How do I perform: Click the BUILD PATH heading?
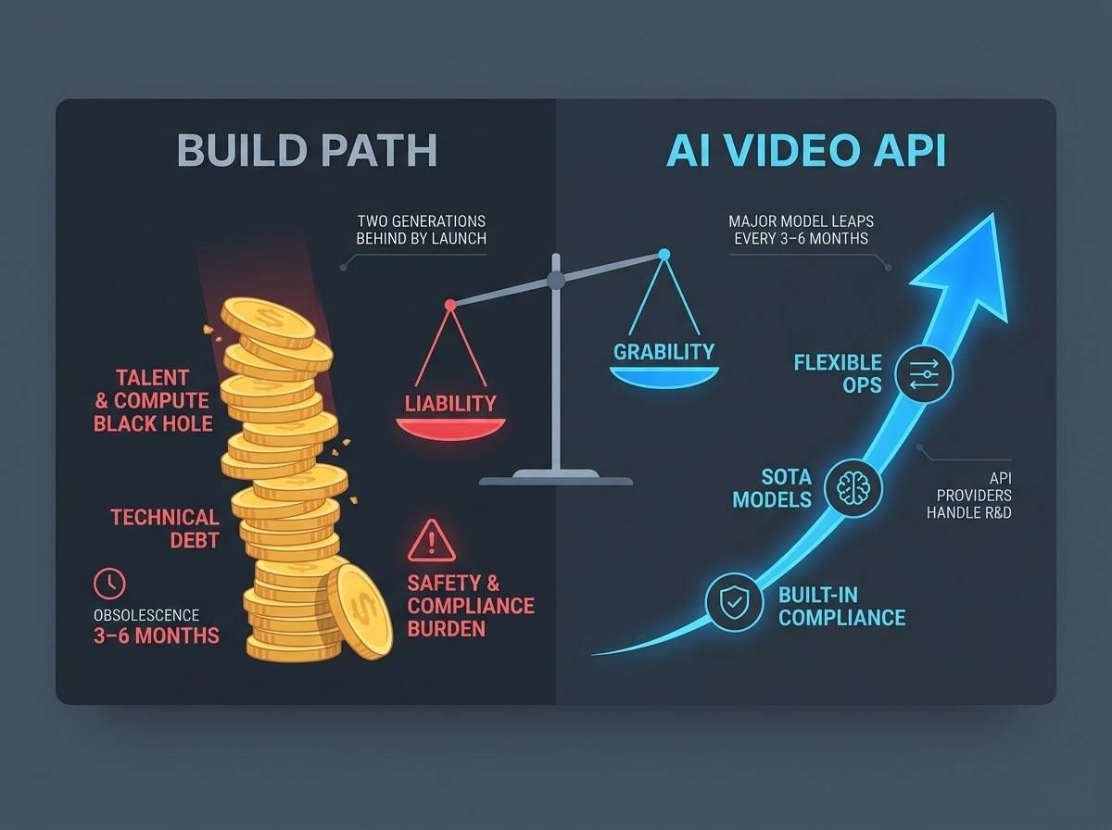point(307,151)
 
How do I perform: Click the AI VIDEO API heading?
point(806,151)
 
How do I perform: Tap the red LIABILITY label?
point(450,403)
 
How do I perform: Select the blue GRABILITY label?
point(663,351)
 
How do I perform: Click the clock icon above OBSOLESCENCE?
point(109,583)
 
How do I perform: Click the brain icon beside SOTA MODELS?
point(853,487)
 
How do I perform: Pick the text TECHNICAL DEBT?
point(165,528)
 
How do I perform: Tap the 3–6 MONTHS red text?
point(156,635)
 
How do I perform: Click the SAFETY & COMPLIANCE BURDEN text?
point(471,606)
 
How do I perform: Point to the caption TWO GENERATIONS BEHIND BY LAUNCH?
point(421,230)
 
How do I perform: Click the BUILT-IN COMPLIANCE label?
point(841,606)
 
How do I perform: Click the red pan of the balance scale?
point(450,427)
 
